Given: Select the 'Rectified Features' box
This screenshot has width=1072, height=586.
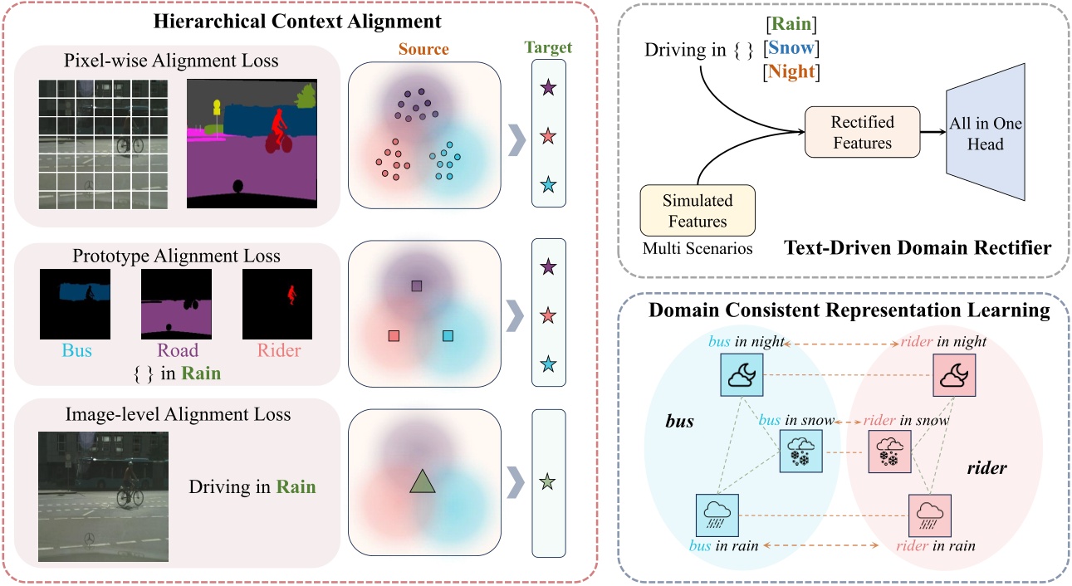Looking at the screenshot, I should [862, 133].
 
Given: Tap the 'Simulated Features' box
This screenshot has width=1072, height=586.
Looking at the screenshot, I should [698, 211].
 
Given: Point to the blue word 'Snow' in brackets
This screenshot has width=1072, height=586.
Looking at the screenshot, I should [794, 49].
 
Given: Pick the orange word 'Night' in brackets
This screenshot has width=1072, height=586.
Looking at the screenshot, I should [795, 73].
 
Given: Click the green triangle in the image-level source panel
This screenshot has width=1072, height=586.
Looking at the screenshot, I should [422, 482].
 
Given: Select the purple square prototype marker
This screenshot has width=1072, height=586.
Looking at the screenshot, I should [417, 286].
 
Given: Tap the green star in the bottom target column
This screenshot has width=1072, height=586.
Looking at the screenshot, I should [546, 481].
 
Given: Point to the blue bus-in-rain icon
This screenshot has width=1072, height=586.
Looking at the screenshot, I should [716, 515].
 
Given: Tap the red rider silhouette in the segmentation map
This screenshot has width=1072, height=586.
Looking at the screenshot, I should [277, 129].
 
